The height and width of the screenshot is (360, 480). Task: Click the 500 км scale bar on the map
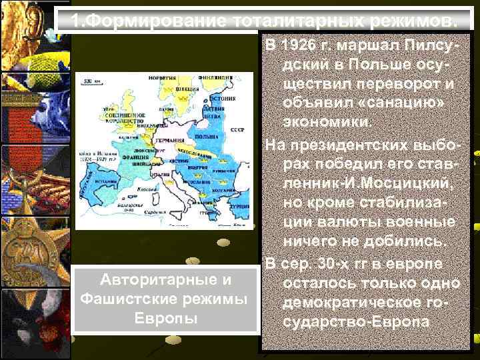pos(88,82)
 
